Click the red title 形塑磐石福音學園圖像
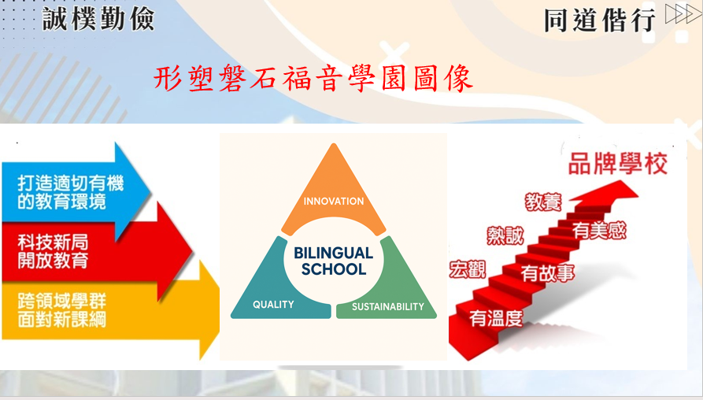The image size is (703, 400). (313, 79)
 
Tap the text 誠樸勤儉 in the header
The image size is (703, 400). (98, 19)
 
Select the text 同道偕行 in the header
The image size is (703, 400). (600, 20)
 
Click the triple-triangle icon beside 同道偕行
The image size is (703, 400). (683, 13)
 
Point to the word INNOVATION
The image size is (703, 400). (334, 202)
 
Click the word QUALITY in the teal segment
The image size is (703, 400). (273, 305)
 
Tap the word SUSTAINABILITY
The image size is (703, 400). (388, 307)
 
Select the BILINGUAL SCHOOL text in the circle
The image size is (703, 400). (334, 261)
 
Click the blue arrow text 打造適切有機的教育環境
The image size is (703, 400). (70, 193)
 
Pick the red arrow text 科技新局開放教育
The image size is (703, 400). (53, 251)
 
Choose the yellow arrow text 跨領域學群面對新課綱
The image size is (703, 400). (62, 310)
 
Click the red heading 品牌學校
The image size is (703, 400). (618, 164)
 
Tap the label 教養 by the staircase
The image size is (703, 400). (543, 202)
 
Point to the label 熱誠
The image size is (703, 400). (505, 236)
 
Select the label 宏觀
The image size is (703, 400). (468, 269)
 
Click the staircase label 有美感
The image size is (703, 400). (599, 231)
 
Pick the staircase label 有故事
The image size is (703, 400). (547, 273)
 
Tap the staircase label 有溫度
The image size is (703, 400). (496, 318)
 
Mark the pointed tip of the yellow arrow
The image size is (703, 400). (219, 310)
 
